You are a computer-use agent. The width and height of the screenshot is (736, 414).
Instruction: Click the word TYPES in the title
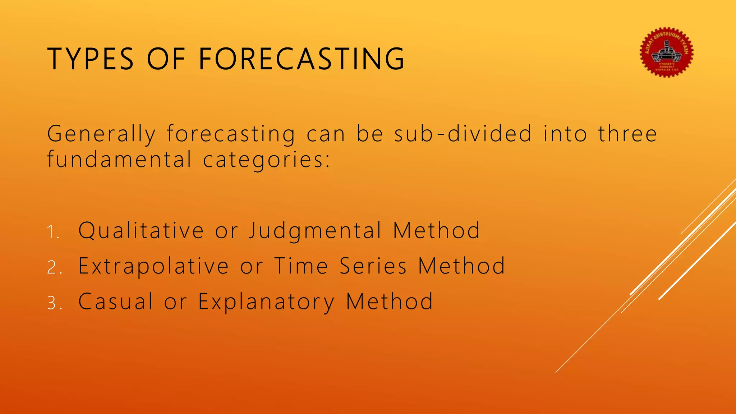pyautogui.click(x=90, y=59)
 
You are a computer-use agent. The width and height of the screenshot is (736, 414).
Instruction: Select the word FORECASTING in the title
pyautogui.click(x=302, y=59)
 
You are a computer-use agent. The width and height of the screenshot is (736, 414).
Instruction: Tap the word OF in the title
pyautogui.click(x=166, y=59)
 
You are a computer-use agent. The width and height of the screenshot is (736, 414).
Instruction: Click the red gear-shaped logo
pyautogui.click(x=667, y=52)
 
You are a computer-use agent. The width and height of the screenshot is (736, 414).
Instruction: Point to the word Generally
pyautogui.click(x=101, y=134)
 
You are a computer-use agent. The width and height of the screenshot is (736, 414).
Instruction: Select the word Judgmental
pyautogui.click(x=315, y=231)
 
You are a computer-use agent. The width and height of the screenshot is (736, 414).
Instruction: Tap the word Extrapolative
pyautogui.click(x=153, y=267)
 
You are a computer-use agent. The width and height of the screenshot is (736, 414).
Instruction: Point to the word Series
pyautogui.click(x=373, y=266)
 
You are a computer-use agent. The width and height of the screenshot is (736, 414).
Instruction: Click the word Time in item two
pyautogui.click(x=301, y=266)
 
